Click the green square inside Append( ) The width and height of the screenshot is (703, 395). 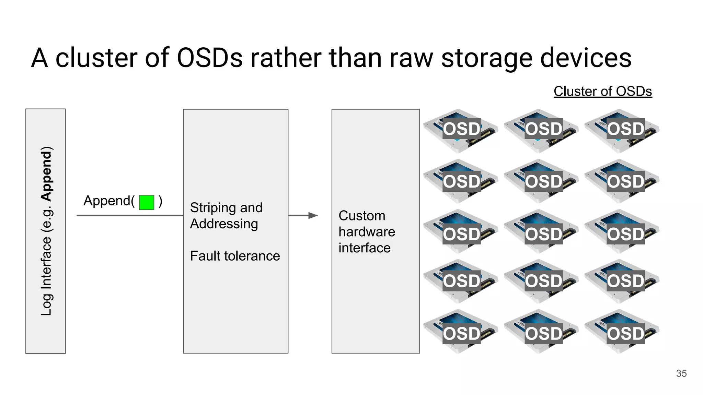coord(146,202)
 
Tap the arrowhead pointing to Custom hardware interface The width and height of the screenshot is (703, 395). coord(313,216)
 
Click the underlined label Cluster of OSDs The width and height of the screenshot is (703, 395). coord(602,92)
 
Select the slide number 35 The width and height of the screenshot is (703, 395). coord(681,373)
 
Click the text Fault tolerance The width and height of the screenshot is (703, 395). coord(235,256)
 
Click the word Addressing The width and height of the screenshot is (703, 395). coord(224,224)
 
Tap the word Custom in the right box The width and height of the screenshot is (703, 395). coord(362,216)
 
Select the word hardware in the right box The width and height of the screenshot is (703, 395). coord(367,232)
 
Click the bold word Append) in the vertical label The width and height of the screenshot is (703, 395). coord(46,173)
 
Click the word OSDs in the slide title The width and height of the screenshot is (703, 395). coord(210,58)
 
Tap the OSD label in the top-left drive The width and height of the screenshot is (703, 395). coord(461,129)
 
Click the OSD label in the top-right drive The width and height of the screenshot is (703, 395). coord(625,129)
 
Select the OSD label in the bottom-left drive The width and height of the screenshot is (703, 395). coord(461,334)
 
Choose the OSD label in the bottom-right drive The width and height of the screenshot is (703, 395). coord(625,334)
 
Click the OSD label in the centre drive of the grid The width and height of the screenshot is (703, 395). coord(543,234)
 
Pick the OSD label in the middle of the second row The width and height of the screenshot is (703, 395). coord(543,181)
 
